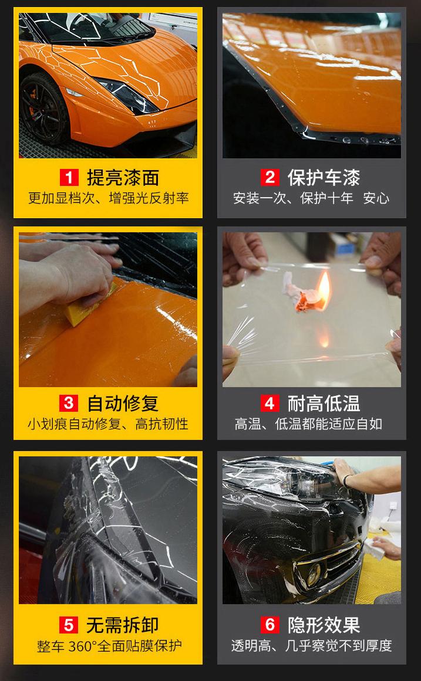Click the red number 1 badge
point(69,178)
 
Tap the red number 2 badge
point(270,178)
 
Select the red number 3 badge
point(69,403)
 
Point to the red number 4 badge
point(270,403)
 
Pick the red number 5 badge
point(69,625)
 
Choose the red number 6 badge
point(270,625)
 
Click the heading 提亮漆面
point(123,178)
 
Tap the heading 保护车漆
point(324,178)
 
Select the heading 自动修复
point(123,403)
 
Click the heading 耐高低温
point(324,403)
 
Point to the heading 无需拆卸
point(123,625)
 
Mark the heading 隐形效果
point(324,625)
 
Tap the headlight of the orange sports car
point(127,96)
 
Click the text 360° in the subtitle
point(83,646)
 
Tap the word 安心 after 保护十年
point(376,198)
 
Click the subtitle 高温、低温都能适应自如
point(308,423)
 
